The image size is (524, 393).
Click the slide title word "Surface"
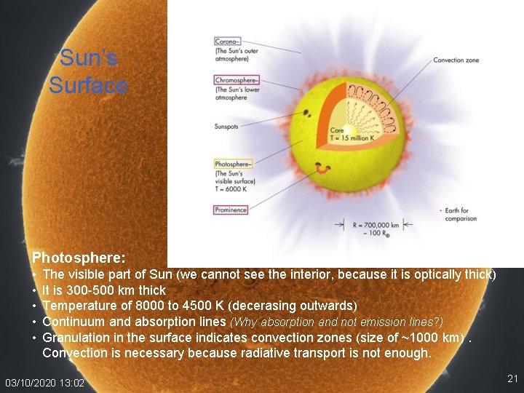[x=88, y=85]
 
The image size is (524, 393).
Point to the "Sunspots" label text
[x=227, y=126]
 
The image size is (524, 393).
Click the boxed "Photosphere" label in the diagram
[x=234, y=164]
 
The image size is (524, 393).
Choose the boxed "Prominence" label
[x=231, y=210]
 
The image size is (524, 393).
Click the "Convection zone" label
[x=456, y=60]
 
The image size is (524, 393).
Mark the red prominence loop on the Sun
[x=320, y=169]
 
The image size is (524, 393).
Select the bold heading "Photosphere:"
[x=79, y=258]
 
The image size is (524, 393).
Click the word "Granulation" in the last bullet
[x=76, y=337]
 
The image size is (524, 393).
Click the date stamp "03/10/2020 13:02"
[x=44, y=383]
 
